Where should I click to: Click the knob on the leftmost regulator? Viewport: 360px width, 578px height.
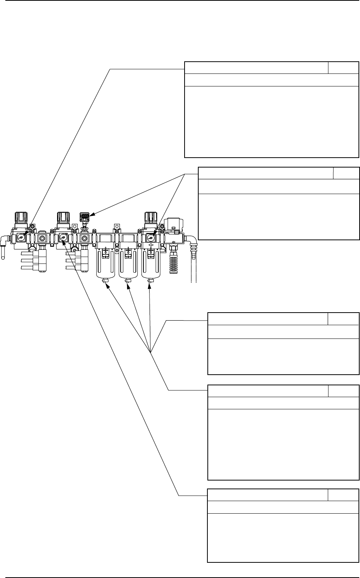pyautogui.click(x=20, y=217)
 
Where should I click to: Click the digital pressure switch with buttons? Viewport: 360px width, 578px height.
pyautogui.click(x=84, y=217)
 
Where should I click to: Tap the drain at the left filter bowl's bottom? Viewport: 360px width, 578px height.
pyautogui.click(x=105, y=281)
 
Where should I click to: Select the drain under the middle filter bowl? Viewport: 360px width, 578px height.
pyautogui.click(x=128, y=281)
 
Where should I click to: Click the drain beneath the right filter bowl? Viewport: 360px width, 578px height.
pyautogui.click(x=150, y=281)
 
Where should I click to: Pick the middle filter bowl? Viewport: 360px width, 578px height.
pyautogui.click(x=128, y=263)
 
